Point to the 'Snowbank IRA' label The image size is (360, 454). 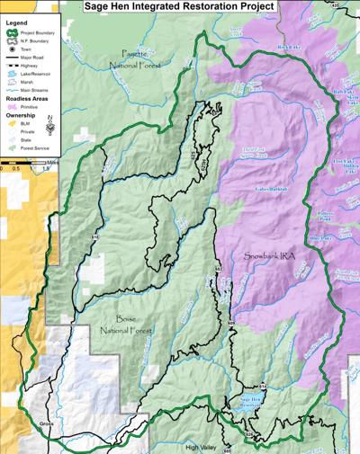(x=269, y=256)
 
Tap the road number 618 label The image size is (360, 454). (x=94, y=236)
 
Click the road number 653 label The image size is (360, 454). (x=218, y=270)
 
